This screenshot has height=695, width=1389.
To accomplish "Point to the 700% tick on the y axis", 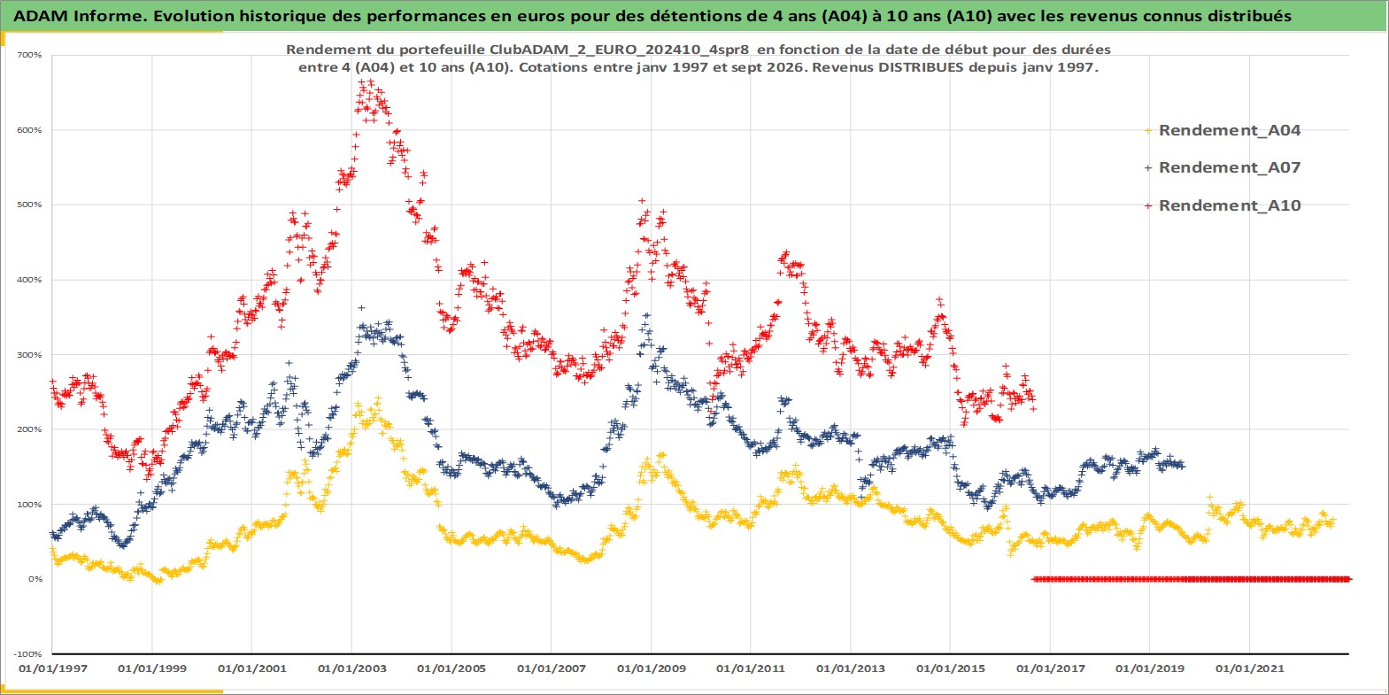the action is coord(30,55).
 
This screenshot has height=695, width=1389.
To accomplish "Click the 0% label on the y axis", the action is coord(35,579).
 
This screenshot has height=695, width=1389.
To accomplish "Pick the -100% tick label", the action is coord(28,654).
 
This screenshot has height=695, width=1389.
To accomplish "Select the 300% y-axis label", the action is coord(30,355).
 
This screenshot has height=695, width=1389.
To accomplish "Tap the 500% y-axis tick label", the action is coord(30,205).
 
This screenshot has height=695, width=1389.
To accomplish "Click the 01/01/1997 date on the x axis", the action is coord(53,668).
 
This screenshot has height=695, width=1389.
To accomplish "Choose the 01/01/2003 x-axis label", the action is coord(351,668).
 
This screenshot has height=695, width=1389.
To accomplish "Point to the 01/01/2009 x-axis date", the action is coord(651,668).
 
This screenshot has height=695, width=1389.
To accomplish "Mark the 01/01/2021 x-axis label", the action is coord(1249,668).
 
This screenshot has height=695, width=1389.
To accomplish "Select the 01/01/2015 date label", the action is coord(951,668).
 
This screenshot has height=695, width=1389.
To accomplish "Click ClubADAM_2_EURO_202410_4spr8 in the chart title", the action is coord(619,50).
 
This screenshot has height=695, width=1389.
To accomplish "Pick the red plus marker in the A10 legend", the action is coord(1148,205).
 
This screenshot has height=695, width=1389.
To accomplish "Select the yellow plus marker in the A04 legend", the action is coord(1148,131).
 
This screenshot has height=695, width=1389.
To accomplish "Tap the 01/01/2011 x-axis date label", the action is coord(751,668).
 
